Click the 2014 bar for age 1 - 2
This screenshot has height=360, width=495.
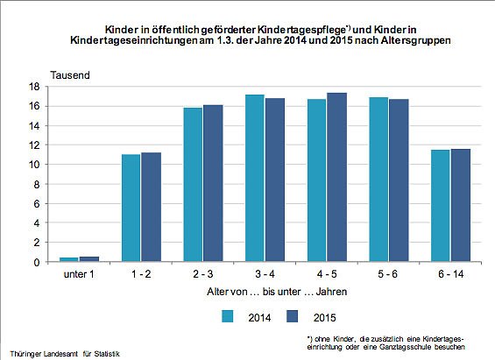(131, 208)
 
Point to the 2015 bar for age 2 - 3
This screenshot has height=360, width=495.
(213, 184)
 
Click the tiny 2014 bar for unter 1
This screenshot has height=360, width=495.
(68, 259)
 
